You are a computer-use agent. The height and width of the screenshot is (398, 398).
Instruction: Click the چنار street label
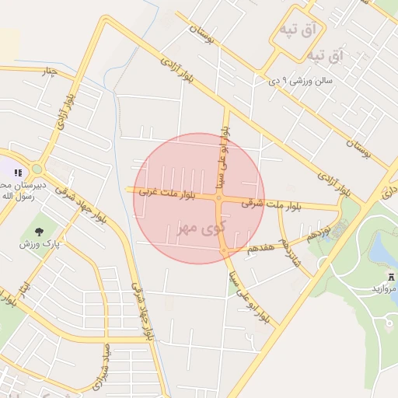point(49,72)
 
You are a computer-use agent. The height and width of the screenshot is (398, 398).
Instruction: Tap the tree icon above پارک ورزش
point(38,231)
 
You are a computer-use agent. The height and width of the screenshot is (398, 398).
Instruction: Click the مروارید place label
point(383,288)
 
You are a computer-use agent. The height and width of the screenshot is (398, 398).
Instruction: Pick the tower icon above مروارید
point(390,276)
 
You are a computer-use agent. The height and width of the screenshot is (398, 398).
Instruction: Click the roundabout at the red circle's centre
point(219,198)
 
